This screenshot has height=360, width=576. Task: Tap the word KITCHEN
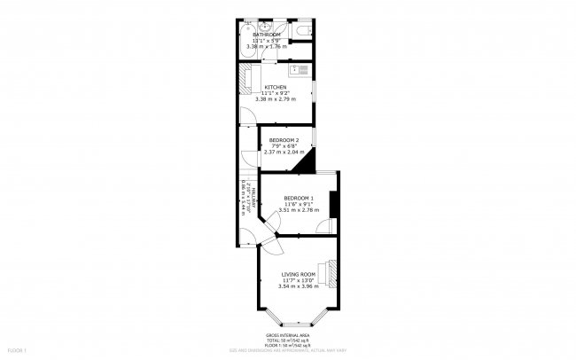[x=275, y=87]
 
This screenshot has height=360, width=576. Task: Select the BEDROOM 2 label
[x=284, y=140]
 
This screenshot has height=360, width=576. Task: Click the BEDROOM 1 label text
[x=298, y=197]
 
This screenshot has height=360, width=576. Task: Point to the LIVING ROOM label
[x=299, y=275]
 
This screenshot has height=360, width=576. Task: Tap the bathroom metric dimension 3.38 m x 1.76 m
[x=276, y=46]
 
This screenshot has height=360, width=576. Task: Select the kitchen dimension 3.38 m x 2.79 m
[x=276, y=98]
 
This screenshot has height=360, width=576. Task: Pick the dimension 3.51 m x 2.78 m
[x=298, y=209]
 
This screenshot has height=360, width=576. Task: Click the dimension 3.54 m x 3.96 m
[x=299, y=286]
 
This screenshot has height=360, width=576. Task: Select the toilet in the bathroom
[x=304, y=33]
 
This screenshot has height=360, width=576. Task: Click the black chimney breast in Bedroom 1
[x=332, y=203]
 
